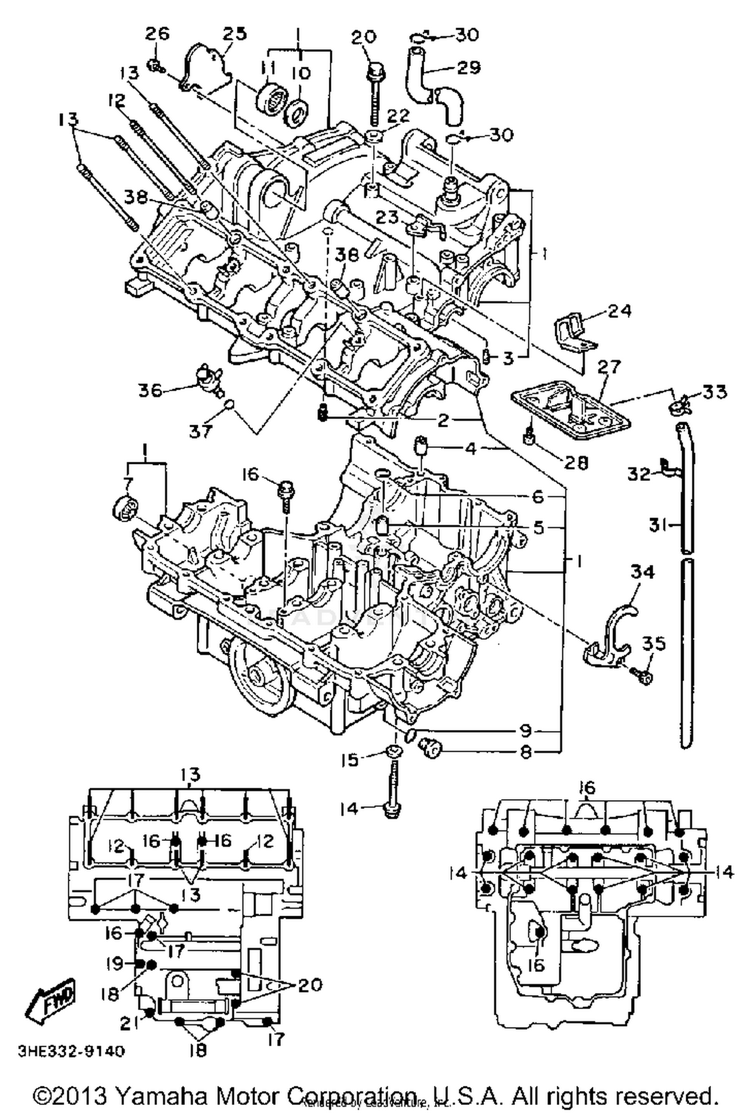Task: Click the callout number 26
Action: point(158,34)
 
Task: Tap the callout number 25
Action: point(235,34)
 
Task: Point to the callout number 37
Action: point(200,431)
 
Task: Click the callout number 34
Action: point(643,572)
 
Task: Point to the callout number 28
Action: point(576,462)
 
